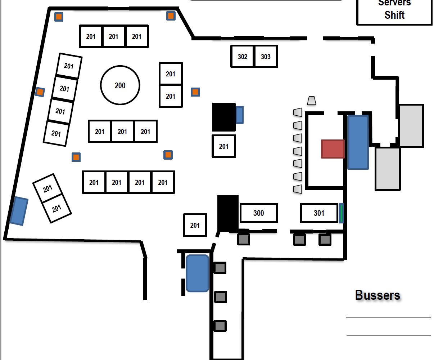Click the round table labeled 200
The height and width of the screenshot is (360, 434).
[120, 85]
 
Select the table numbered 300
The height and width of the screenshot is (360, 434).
[258, 213]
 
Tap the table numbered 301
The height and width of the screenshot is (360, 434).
[319, 213]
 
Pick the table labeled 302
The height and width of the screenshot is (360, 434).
[243, 57]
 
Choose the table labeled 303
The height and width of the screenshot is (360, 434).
[266, 57]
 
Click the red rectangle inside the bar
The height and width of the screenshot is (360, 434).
[333, 149]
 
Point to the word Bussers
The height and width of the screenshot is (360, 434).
[378, 295]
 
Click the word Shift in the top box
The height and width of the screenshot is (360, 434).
[394, 15]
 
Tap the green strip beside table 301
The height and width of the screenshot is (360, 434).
[341, 213]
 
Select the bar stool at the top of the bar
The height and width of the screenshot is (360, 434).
[312, 101]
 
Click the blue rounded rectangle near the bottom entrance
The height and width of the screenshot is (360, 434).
[197, 273]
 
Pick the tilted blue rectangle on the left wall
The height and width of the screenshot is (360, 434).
[19, 211]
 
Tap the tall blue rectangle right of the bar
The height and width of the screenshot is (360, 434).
[358, 142]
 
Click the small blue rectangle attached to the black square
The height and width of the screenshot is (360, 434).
[239, 115]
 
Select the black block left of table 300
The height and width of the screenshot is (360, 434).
[228, 213]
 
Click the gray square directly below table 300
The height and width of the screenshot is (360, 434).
[244, 239]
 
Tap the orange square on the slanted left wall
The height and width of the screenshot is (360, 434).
[40, 92]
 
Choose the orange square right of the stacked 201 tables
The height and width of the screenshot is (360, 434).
[195, 92]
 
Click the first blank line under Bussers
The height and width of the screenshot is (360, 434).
[388, 317]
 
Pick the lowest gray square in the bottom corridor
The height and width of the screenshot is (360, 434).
[220, 326]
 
